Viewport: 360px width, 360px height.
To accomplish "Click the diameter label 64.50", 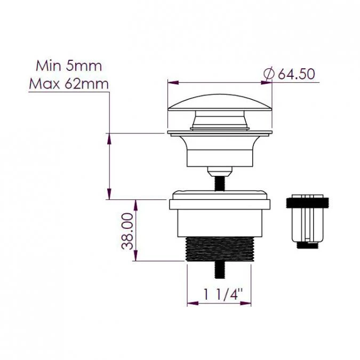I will coord(297,74).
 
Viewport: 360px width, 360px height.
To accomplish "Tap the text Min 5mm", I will coord(68,66).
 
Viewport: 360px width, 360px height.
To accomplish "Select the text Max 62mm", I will coord(68,84).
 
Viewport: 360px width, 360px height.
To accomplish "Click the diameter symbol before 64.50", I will coord(269,74).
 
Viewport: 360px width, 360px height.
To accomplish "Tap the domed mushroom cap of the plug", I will coord(220,101).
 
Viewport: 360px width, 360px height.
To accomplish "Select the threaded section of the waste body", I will coord(219,250).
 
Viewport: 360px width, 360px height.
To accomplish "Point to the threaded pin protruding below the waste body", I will coord(219,270).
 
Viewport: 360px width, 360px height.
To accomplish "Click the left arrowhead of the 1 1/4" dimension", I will coord(190,303).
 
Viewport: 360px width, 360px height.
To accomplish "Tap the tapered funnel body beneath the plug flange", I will coord(220,150).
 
